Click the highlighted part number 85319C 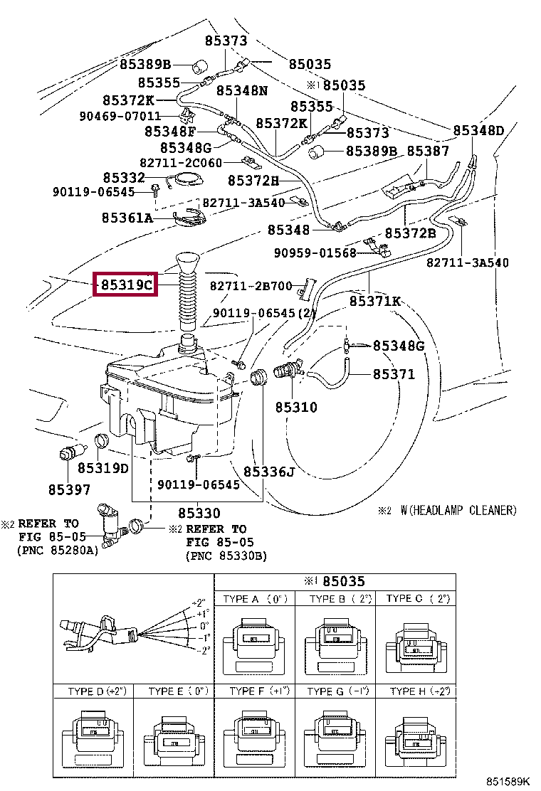(126, 285)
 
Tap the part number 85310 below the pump (296, 407)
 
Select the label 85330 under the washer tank (199, 513)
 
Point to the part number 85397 (70, 489)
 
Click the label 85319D (103, 468)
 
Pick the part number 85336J (269, 472)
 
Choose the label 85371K (375, 301)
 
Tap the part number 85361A (127, 218)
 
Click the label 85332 (124, 178)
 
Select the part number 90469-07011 (120, 116)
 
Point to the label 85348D (478, 131)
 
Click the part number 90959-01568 (315, 253)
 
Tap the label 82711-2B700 (251, 286)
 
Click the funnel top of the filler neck (188, 262)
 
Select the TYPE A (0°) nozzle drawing (255, 644)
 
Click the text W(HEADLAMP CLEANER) (458, 511)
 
